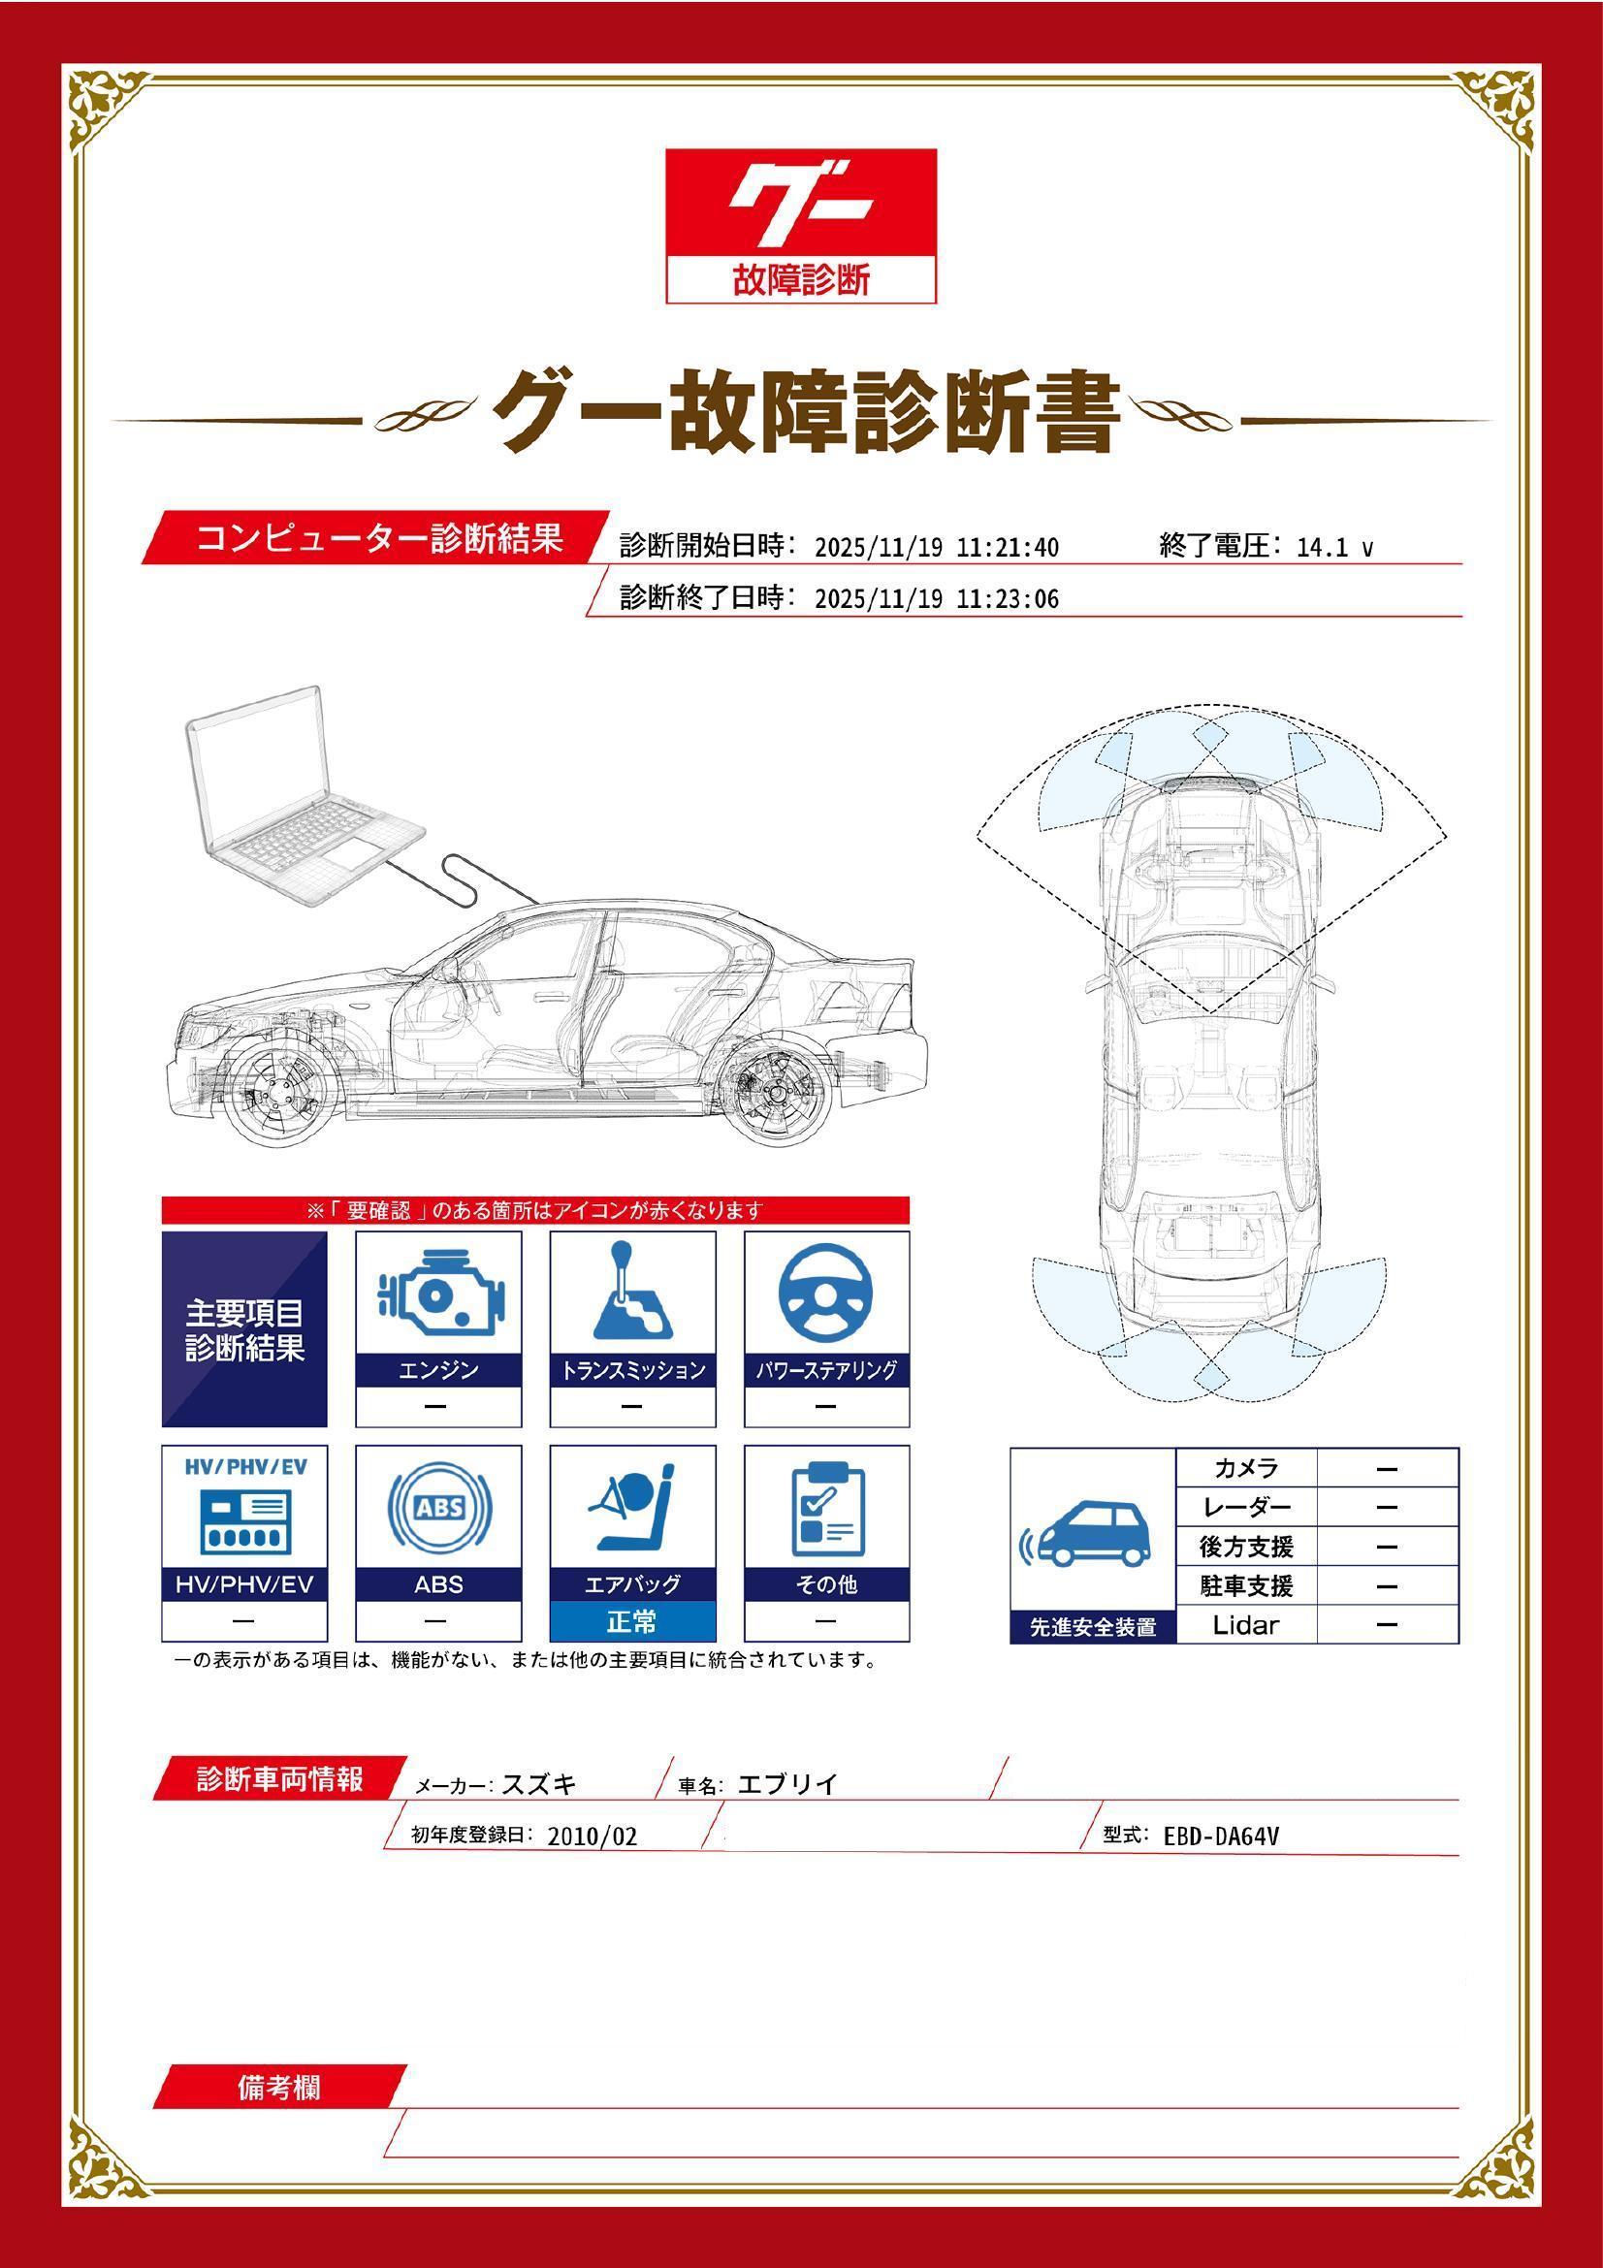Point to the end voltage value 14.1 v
(1333, 547)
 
